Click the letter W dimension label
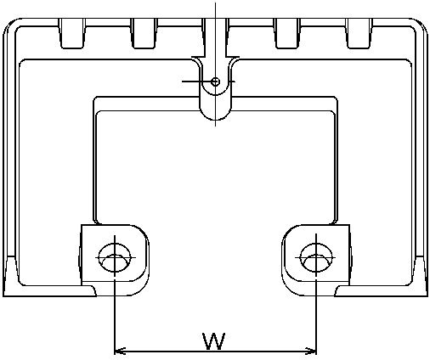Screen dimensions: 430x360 [214, 340]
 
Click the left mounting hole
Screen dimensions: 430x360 [115, 257]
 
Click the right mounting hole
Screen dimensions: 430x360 [316, 257]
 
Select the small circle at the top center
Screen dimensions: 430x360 [215, 82]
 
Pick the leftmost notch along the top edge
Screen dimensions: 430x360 [72, 33]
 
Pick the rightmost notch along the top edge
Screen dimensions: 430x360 [359, 33]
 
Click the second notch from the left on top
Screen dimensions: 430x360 [144, 33]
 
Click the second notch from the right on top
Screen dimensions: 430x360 [287, 33]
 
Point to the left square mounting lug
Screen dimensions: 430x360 [114, 261]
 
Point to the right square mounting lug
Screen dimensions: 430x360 [317, 261]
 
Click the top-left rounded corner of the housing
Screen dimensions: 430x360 [10, 25]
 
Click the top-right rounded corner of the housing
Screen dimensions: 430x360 [421, 25]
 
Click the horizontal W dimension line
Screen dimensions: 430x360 [215, 352]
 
